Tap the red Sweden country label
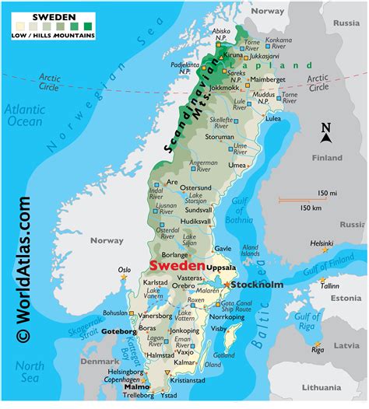pos(173,266)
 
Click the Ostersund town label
pos(195,187)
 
